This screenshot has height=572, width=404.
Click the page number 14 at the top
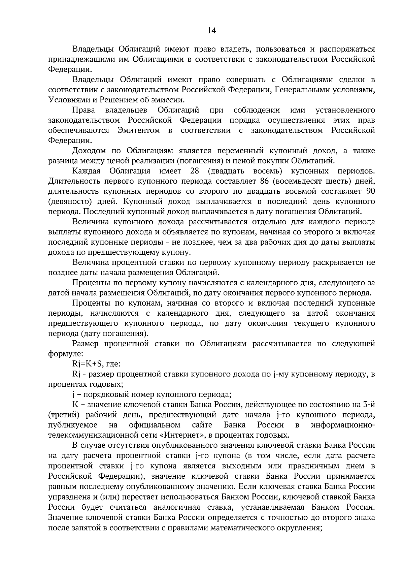(211, 31)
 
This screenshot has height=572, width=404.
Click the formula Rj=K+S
(88, 364)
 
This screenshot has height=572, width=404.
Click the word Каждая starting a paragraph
(86, 171)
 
